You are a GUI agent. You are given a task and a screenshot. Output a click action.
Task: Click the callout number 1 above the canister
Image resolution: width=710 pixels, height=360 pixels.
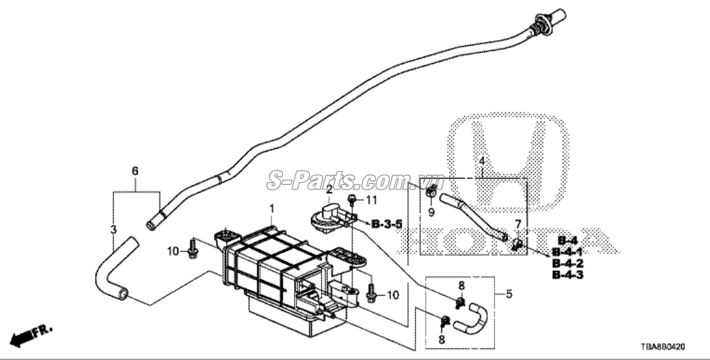(x=272, y=209)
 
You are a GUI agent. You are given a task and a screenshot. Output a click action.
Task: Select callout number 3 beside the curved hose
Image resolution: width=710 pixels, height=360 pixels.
(x=114, y=230)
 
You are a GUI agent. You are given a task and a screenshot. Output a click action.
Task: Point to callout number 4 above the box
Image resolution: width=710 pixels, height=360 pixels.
(x=482, y=161)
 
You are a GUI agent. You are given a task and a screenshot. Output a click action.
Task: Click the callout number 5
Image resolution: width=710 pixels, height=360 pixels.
(x=509, y=294)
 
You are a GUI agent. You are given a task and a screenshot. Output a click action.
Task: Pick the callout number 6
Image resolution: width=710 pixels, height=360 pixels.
(x=135, y=171)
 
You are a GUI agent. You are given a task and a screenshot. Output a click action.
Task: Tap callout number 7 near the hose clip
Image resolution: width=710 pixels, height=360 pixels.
(x=518, y=224)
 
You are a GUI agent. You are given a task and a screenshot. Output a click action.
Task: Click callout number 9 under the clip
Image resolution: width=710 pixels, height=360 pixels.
(x=431, y=212)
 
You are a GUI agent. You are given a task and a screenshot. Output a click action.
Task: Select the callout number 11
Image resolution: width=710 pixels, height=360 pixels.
(x=371, y=199)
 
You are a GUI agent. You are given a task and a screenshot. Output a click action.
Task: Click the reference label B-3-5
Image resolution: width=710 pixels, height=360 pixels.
(x=386, y=224)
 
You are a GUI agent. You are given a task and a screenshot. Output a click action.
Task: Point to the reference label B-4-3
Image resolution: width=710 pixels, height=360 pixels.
(x=568, y=275)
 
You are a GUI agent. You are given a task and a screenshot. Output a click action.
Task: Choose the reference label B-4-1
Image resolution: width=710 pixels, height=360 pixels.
(x=568, y=252)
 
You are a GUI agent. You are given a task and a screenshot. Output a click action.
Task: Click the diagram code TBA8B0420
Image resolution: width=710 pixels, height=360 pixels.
(x=663, y=347)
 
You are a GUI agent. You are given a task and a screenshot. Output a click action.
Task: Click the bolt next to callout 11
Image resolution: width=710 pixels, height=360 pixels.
(x=352, y=200)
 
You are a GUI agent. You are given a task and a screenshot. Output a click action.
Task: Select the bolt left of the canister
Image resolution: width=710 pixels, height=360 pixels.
(x=192, y=249)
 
